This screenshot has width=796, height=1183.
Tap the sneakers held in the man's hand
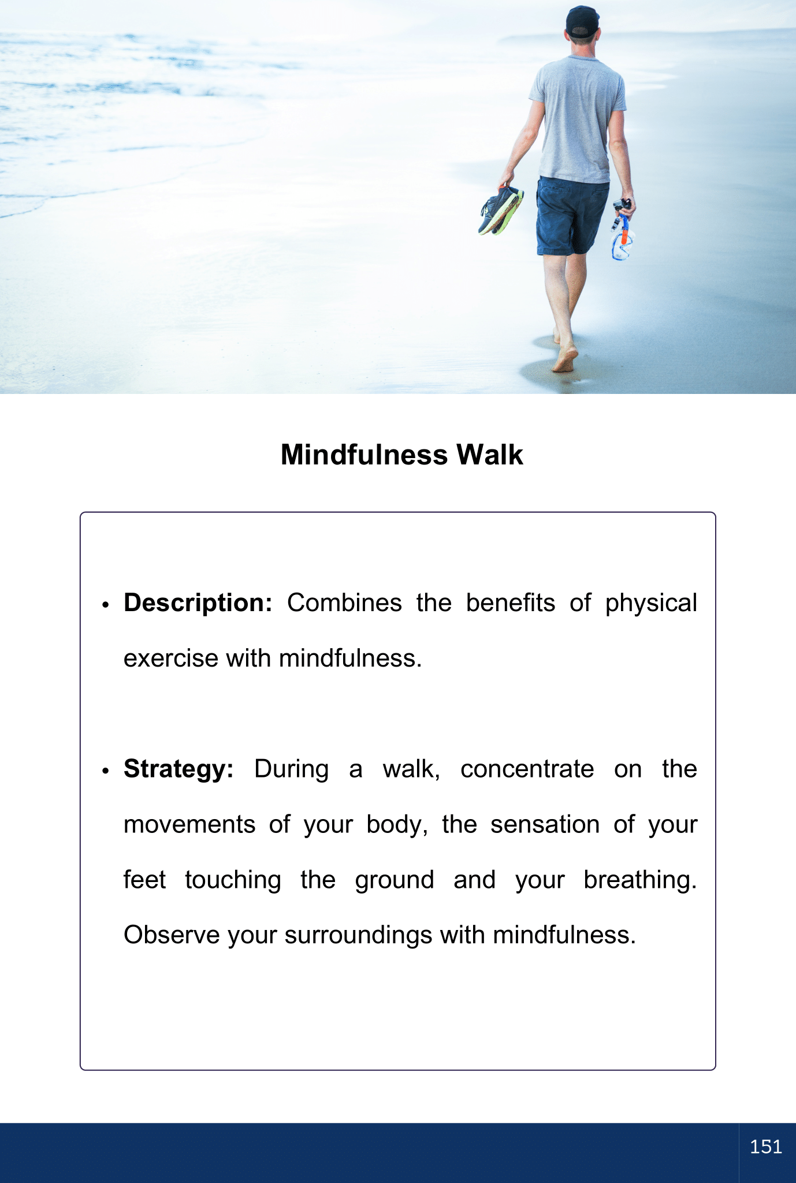click(x=501, y=210)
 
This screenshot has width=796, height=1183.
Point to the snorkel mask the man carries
click(x=623, y=231)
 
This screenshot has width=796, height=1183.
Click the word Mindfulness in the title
click(x=364, y=455)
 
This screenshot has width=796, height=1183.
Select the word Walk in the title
click(x=490, y=455)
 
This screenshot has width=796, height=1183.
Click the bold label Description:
click(x=198, y=603)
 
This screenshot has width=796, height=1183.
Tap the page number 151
click(x=766, y=1147)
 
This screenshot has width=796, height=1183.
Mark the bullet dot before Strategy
click(x=105, y=771)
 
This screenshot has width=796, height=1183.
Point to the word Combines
click(x=344, y=603)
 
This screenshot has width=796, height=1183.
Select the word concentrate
click(x=527, y=769)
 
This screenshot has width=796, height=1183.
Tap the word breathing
click(x=640, y=880)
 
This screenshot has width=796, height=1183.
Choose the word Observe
click(x=172, y=935)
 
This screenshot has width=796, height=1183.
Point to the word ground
click(x=395, y=880)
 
